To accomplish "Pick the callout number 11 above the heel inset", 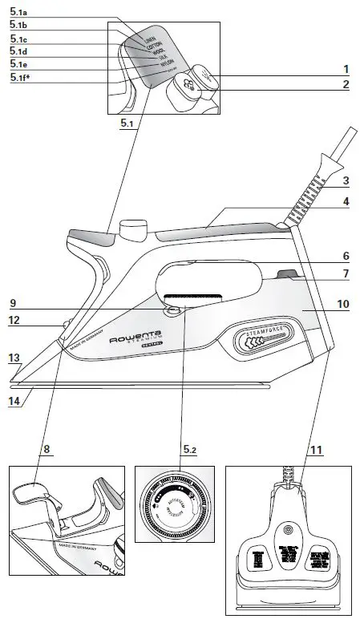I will click(x=317, y=451).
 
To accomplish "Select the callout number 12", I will click(x=13, y=322).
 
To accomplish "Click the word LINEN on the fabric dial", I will click(x=149, y=38).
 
